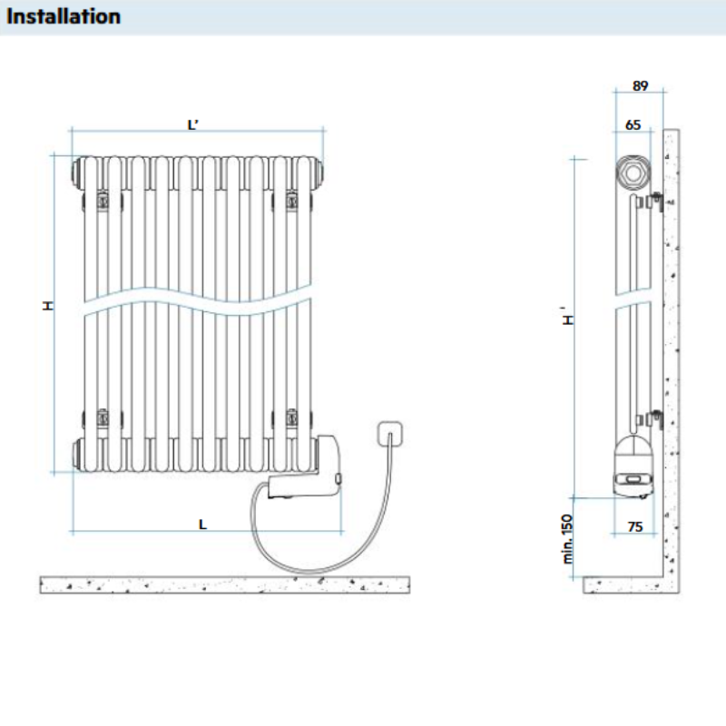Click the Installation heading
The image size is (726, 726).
pos(64,16)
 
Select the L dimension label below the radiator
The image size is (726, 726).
pos(202,524)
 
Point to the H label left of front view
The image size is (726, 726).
pos(49,307)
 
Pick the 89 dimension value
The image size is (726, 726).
pos(640,86)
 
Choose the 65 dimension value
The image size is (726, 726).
pos(633,124)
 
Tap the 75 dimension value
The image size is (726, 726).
pos(634,526)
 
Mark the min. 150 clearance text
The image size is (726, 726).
pos(568,539)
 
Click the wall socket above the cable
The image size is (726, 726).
pos(391,432)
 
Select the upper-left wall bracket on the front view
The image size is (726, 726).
pos(103,199)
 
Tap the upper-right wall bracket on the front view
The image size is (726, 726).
pos(292,199)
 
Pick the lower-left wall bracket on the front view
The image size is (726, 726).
pos(103,418)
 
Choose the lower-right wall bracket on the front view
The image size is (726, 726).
pos(292,418)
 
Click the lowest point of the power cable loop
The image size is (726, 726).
pos(313,572)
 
